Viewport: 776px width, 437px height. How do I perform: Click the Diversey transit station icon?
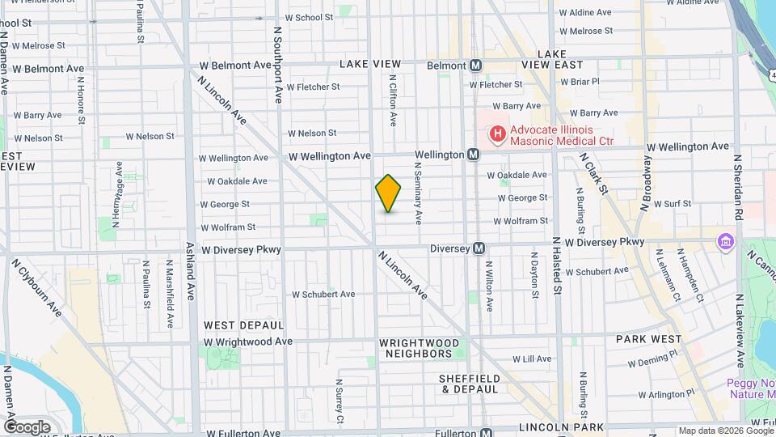pos(479,248)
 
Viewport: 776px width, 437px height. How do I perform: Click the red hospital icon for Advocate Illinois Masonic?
pos(497,132)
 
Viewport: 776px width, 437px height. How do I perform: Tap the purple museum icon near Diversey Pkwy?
pos(725,241)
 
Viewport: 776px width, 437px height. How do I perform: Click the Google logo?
pos(26,426)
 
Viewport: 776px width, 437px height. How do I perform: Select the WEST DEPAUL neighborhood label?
pos(243,325)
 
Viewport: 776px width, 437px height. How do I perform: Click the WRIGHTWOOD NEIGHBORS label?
pos(416,348)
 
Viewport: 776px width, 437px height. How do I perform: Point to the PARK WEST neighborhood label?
pos(647,339)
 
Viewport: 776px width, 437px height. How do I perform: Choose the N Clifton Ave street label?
pos(393,101)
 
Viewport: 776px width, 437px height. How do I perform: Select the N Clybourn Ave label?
pos(36,286)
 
